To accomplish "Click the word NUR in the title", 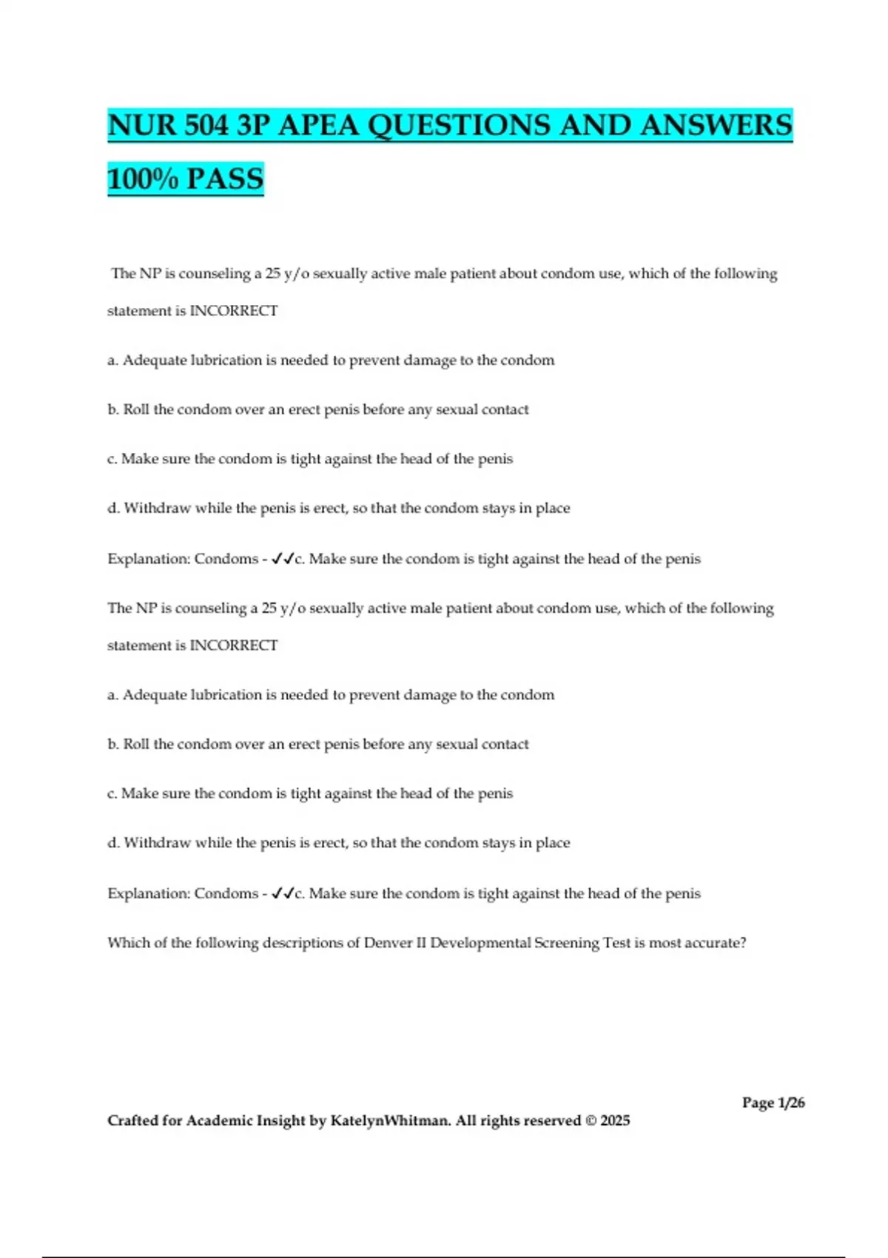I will click(141, 125).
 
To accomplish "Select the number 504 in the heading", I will click(206, 125).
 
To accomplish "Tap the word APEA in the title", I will click(319, 125).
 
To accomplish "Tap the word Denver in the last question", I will click(389, 943).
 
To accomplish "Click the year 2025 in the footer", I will click(615, 1120).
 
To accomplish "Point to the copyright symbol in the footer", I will click(591, 1120).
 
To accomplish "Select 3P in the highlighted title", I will click(253, 125).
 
